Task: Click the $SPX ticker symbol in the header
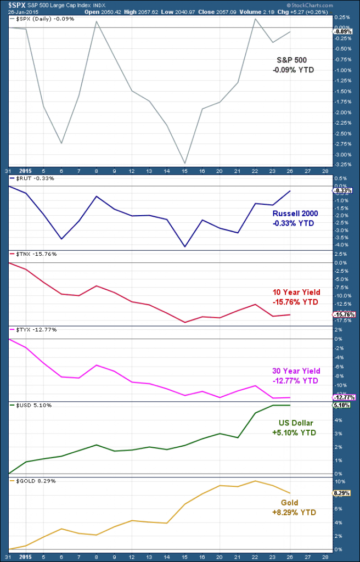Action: tap(12, 4)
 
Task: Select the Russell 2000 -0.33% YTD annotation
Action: tap(295, 218)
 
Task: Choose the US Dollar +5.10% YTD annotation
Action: tap(294, 428)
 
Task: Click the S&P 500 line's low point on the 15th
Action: tap(185, 163)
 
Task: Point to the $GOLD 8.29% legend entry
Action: tap(32, 481)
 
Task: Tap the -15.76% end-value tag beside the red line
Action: tap(344, 314)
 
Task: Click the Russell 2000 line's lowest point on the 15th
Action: tap(185, 247)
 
